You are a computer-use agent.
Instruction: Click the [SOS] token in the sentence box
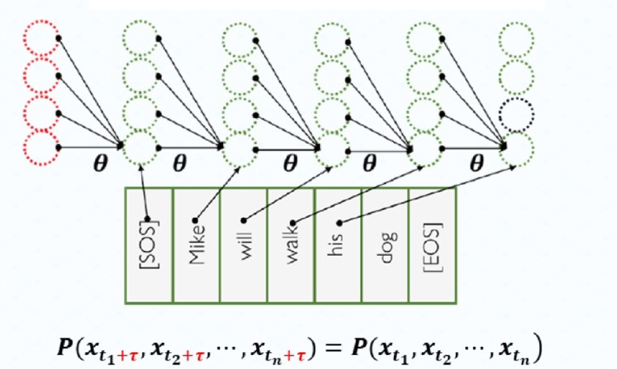[x=149, y=243]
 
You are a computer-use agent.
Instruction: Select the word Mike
[x=197, y=243]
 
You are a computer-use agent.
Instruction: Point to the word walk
[x=292, y=245]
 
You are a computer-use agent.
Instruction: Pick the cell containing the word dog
[x=386, y=245]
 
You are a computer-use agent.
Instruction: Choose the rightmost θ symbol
[x=476, y=162]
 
